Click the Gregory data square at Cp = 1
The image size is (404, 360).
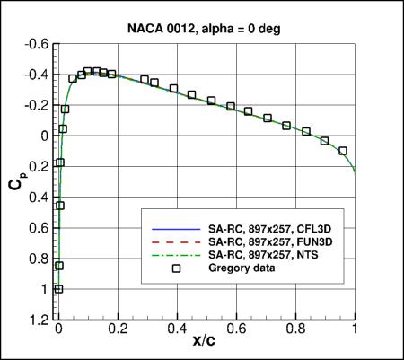click(59, 289)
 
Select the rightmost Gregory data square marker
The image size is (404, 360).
click(343, 151)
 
